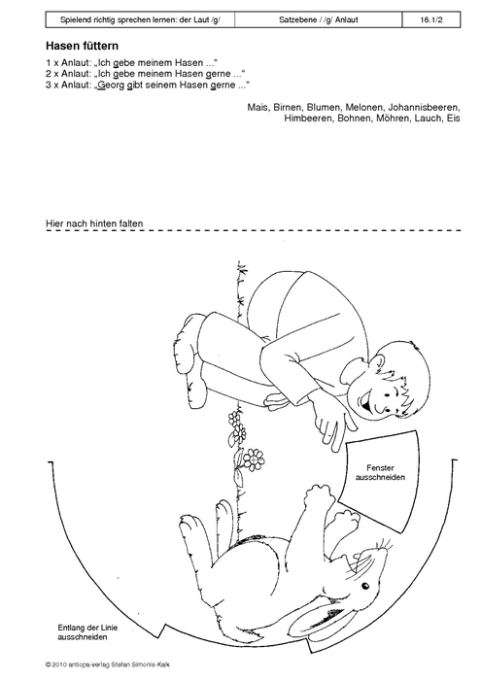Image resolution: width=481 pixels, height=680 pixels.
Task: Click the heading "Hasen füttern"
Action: tap(82, 46)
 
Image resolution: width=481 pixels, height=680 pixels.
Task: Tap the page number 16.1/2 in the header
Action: tap(431, 20)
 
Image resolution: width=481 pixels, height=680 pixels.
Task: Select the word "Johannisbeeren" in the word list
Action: tap(424, 107)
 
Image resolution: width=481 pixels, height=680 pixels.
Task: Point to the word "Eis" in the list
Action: tap(453, 118)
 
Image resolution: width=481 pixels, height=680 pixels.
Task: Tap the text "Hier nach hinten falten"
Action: tap(94, 223)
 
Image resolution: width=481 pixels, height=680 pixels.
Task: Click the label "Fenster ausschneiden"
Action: tap(380, 473)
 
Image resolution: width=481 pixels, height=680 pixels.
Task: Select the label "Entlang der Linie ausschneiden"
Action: tap(87, 632)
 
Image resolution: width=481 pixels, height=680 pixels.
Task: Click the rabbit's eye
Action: tap(365, 587)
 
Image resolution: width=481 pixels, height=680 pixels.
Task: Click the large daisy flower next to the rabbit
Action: tap(254, 459)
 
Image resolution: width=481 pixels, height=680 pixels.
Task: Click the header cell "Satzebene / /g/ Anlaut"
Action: tap(319, 20)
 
